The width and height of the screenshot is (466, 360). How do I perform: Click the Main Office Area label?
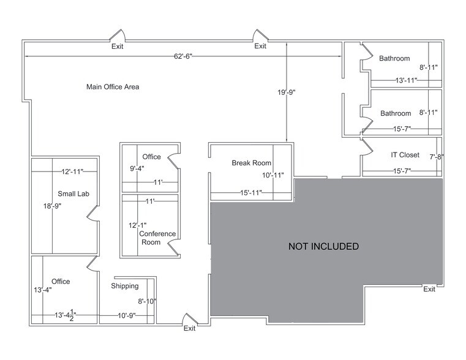click(x=113, y=87)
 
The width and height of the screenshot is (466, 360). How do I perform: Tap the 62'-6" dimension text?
click(x=183, y=57)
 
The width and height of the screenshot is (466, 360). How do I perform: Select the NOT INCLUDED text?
click(x=323, y=247)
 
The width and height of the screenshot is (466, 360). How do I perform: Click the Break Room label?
click(x=251, y=163)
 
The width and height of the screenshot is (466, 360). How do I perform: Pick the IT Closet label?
click(x=405, y=155)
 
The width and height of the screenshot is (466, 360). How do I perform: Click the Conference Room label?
click(x=157, y=238)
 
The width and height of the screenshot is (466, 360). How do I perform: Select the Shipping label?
click(x=125, y=286)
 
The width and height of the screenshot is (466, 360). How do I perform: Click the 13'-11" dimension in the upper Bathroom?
click(x=407, y=80)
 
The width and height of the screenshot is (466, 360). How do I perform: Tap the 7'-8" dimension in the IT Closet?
click(x=436, y=157)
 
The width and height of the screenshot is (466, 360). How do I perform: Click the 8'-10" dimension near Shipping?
click(x=148, y=301)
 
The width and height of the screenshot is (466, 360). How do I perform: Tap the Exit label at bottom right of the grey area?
click(x=429, y=289)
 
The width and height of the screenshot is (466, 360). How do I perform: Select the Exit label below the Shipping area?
click(x=190, y=329)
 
